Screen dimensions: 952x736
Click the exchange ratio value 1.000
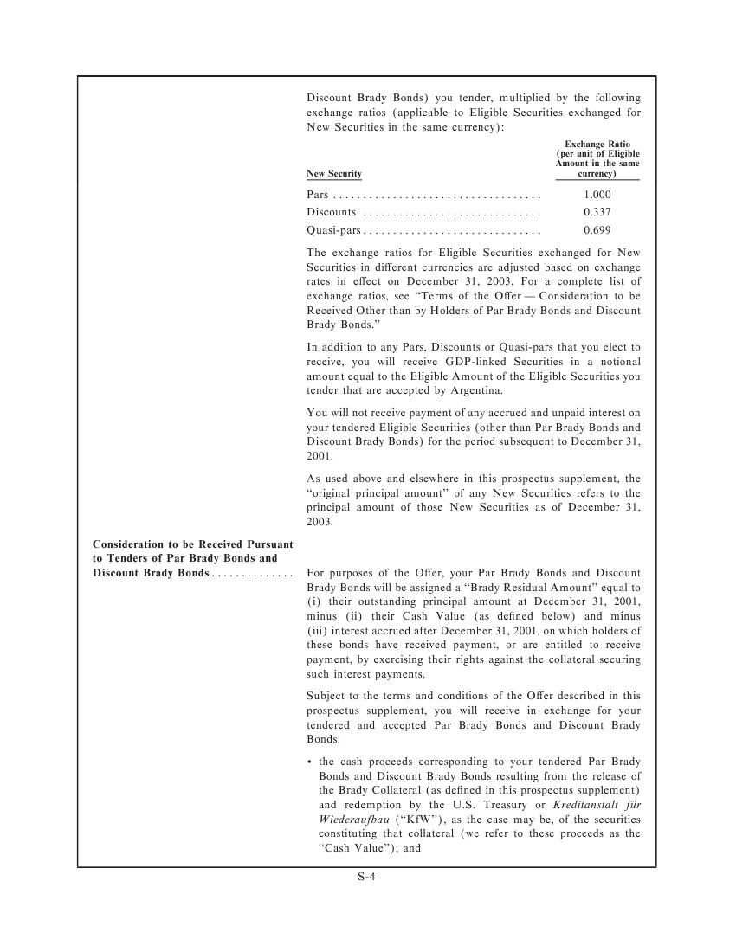coord(597,195)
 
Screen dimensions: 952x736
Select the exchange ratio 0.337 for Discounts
coord(597,212)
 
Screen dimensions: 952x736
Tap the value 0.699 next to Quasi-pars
coord(597,230)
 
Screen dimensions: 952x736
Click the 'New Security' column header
coord(334,174)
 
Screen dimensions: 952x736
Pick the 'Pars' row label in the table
coord(317,195)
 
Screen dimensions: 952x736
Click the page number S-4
coord(366,877)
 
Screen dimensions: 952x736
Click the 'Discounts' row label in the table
coord(332,212)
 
